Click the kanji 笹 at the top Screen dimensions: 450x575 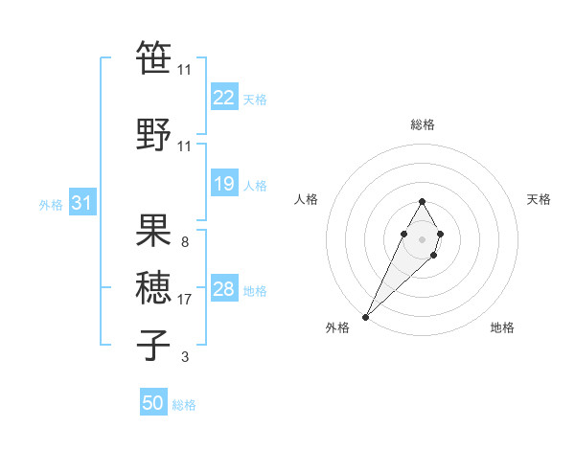click(154, 57)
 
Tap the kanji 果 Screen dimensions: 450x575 click(154, 232)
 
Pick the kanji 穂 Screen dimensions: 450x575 click(154, 288)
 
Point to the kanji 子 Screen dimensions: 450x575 click(154, 345)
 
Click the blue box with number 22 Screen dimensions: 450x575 click(224, 98)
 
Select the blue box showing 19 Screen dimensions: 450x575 click(224, 184)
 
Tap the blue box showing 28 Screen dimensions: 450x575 click(224, 289)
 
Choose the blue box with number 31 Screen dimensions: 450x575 click(82, 203)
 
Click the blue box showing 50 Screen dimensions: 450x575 click(153, 403)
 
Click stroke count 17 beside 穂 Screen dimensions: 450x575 click(185, 300)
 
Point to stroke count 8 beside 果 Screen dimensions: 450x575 click(184, 242)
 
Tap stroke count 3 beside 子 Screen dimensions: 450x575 click(184, 357)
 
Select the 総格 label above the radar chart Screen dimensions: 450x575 click(423, 124)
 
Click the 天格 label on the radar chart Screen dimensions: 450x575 click(539, 199)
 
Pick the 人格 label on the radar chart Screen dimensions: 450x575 click(307, 199)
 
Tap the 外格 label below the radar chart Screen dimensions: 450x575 click(337, 328)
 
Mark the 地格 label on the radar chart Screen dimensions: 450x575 click(502, 328)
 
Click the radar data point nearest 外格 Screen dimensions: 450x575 click(366, 316)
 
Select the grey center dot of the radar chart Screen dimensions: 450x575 click(422, 237)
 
